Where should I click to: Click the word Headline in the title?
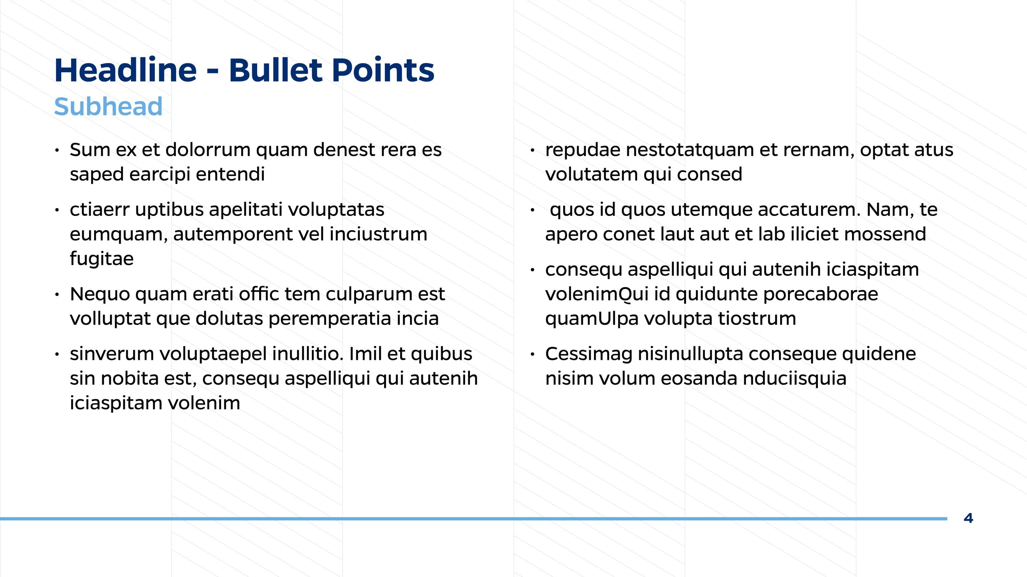(x=126, y=70)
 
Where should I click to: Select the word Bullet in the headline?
(x=275, y=70)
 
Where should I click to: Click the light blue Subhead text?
(x=108, y=107)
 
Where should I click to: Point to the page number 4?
(x=968, y=518)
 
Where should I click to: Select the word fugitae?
(x=101, y=259)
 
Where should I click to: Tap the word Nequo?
(x=100, y=294)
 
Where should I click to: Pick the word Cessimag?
(x=589, y=354)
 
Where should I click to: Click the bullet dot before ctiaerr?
(x=57, y=211)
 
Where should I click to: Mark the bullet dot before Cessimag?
(x=532, y=354)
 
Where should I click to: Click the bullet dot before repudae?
(x=532, y=151)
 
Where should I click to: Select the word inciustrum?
(x=378, y=234)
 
